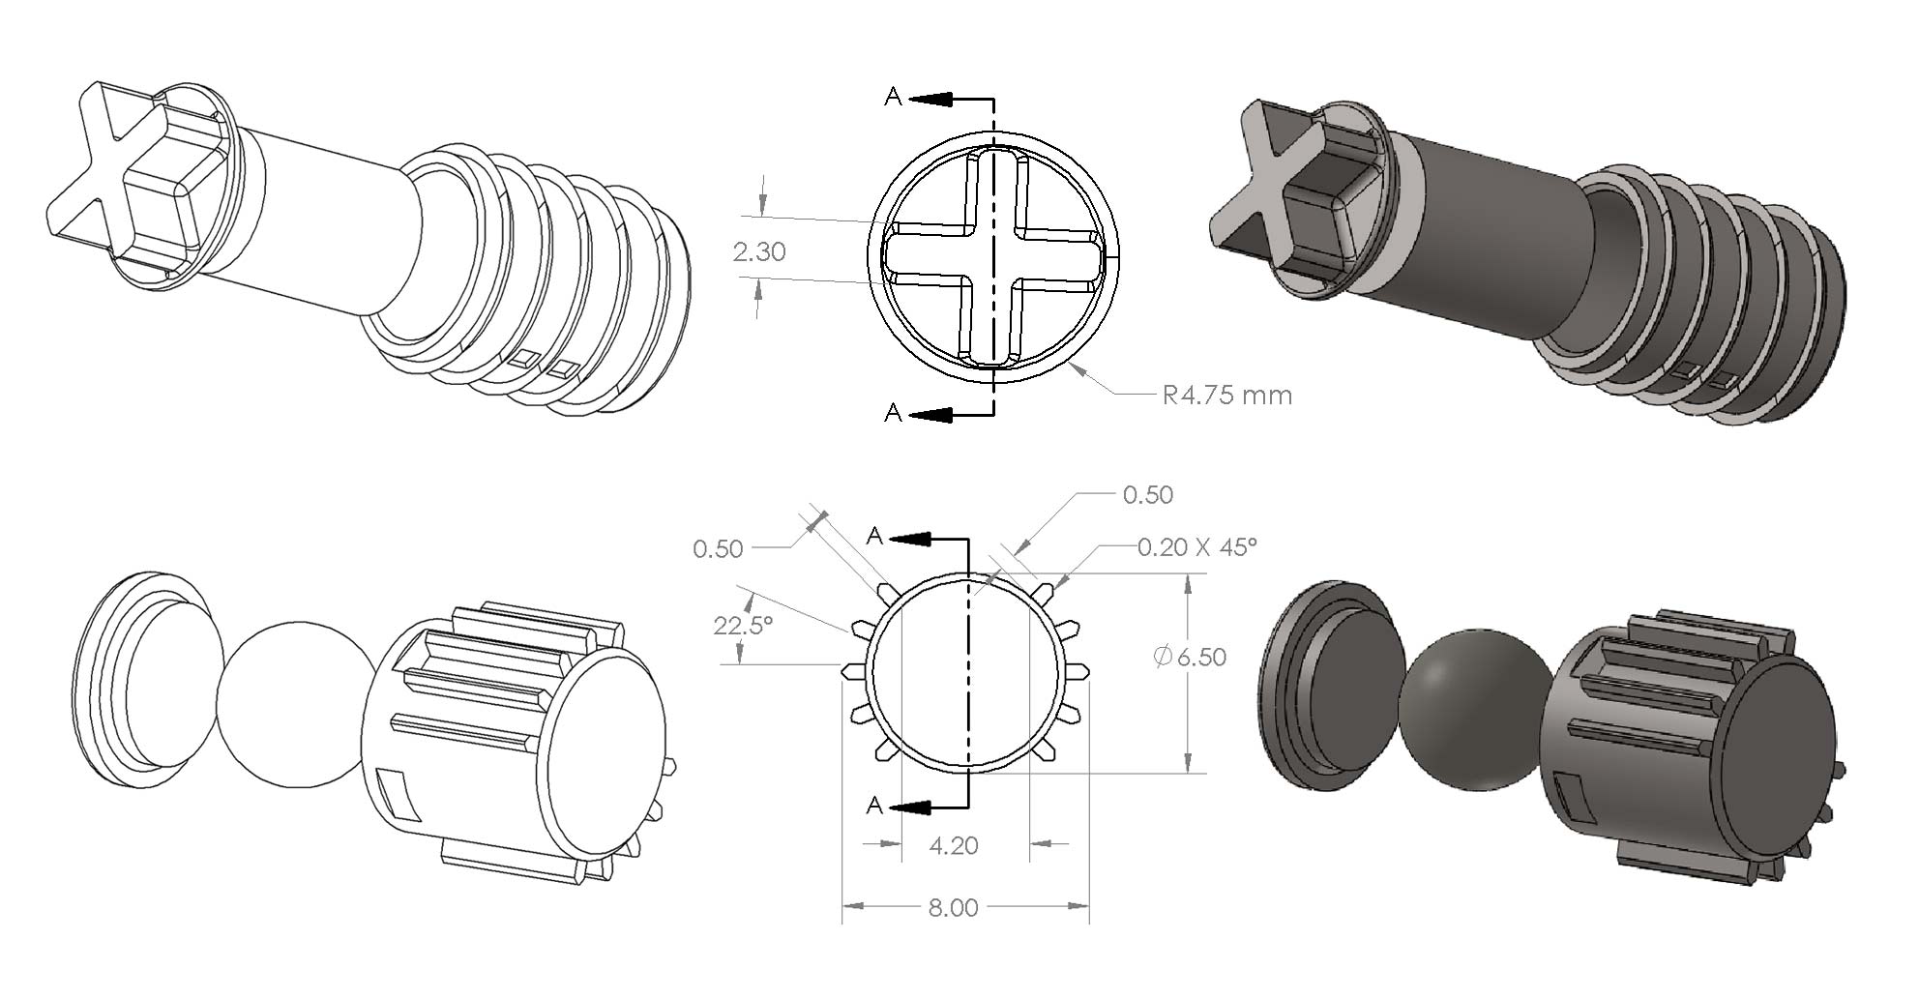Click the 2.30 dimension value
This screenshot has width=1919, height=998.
coord(759,252)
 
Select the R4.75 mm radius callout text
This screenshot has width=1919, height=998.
coord(1227,396)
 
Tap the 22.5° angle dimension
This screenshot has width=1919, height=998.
coord(743,626)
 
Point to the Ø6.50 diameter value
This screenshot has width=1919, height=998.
coord(1191,658)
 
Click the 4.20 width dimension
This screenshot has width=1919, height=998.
coord(954,846)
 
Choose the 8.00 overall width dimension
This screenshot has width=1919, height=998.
coord(954,907)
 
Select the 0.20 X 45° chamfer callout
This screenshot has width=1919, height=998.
coord(1197,547)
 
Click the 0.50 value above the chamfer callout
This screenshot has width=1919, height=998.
coord(1148,495)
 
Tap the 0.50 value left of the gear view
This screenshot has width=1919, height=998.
coord(718,549)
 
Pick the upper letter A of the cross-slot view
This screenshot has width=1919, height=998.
coord(893,96)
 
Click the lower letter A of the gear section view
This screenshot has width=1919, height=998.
coord(875,806)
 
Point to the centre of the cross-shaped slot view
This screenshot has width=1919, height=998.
coord(993,257)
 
